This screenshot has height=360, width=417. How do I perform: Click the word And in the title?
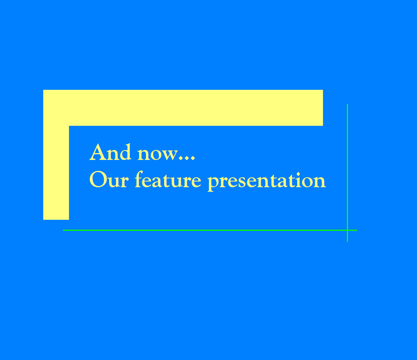point(110,152)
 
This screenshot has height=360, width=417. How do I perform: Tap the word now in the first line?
point(157,154)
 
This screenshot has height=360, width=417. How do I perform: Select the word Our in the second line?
point(109,180)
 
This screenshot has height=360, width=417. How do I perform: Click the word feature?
point(168,179)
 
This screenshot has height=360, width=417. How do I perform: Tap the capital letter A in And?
point(98,152)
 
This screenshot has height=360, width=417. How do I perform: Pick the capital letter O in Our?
point(98,180)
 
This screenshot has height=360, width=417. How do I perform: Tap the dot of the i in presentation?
point(298,174)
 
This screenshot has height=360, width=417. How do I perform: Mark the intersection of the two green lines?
point(347,230)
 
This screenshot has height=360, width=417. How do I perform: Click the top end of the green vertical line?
point(347,104)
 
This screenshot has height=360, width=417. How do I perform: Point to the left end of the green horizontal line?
point(63,230)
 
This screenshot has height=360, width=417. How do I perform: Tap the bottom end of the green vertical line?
point(347,241)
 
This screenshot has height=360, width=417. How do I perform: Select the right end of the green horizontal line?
point(357,230)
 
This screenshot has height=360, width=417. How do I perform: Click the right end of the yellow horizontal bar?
point(323,108)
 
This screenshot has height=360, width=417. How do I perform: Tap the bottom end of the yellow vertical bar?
point(56,219)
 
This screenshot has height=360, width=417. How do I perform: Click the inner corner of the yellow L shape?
point(69,126)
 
